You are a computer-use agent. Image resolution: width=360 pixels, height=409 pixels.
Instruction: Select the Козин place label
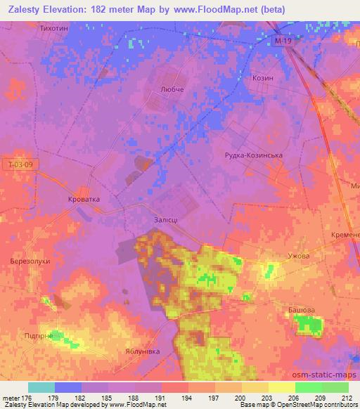pos(262,78)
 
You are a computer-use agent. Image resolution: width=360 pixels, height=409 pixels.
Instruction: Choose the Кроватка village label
pos(84,199)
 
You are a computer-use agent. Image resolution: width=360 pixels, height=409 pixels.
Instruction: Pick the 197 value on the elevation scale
pos(212,397)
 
